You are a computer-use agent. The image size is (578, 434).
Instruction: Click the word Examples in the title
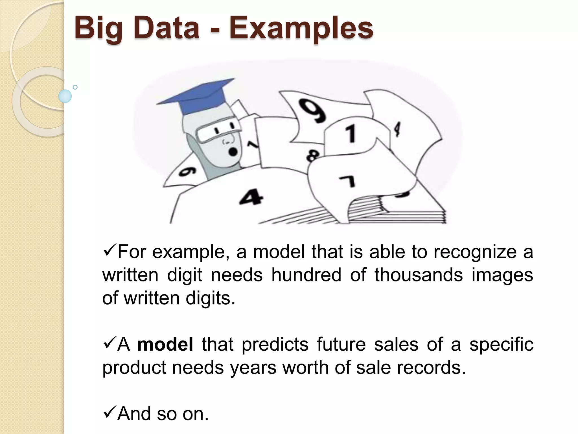pos(301,28)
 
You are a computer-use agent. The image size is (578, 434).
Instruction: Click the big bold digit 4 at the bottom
pos(251,197)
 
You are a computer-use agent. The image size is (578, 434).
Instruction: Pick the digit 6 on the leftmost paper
pos(188,171)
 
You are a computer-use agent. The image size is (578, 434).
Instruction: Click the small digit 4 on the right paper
pos(397,129)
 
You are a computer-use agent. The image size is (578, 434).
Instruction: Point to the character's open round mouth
pos(233,152)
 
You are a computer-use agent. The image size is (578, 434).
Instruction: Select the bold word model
pos(165,344)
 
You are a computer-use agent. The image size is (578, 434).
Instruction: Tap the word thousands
pos(419,275)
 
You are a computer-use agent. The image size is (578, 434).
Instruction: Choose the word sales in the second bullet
pos(396,344)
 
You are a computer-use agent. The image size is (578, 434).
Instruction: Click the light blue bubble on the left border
pos(65,96)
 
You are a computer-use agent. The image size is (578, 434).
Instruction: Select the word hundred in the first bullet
pos(306,275)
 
